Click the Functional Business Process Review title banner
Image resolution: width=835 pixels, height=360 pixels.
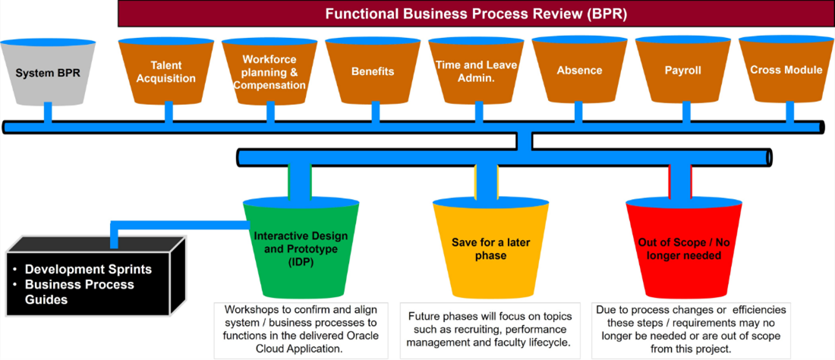[476, 14]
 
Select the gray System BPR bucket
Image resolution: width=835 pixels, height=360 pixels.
[47, 73]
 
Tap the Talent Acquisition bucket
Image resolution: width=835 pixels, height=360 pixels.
[168, 72]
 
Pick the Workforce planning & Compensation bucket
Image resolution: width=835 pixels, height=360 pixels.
[269, 72]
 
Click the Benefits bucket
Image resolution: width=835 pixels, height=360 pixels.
[373, 72]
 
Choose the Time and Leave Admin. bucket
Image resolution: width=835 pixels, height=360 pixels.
[476, 72]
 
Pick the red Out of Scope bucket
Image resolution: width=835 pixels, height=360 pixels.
[680, 249]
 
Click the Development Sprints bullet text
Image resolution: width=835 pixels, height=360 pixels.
[88, 270]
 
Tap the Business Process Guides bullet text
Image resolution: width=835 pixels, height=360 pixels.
[79, 292]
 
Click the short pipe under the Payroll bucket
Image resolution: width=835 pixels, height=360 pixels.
[686, 112]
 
